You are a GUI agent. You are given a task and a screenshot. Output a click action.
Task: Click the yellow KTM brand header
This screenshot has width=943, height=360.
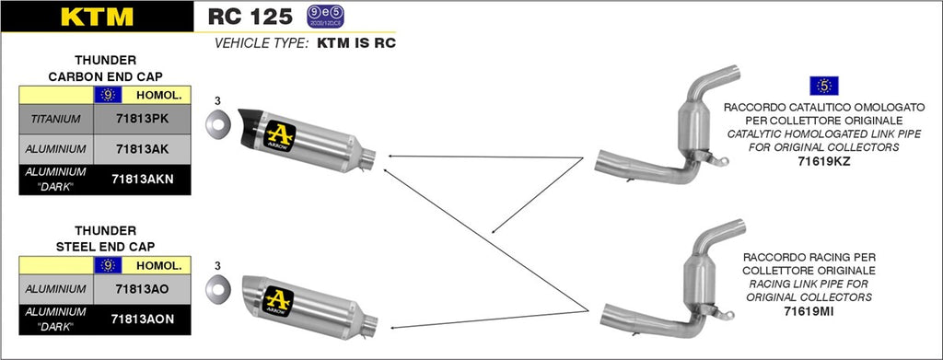96,16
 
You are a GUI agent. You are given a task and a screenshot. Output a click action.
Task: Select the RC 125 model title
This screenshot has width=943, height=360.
250,16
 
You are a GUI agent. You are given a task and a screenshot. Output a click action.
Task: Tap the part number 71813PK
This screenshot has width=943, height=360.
143,119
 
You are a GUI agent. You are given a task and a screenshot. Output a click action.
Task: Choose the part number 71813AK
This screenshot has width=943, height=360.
143,148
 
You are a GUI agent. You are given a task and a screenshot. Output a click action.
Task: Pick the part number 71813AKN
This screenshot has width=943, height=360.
143,179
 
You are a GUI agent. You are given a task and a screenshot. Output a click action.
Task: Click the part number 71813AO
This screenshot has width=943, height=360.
143,288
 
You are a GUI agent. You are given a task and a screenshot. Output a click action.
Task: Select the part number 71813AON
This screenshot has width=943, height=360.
143,319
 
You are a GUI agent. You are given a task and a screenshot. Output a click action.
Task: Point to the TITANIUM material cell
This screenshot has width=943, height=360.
55,119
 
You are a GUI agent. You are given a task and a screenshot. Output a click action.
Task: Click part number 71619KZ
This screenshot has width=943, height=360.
825,161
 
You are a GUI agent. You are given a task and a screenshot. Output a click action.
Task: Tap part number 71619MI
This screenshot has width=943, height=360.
825,313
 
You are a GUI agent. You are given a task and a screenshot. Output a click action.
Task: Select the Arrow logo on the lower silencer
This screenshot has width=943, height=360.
278,300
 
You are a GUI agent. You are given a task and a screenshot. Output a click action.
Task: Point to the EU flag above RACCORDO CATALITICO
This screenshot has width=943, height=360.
824,87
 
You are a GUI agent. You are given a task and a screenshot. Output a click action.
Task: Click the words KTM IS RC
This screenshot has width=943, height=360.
355,43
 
